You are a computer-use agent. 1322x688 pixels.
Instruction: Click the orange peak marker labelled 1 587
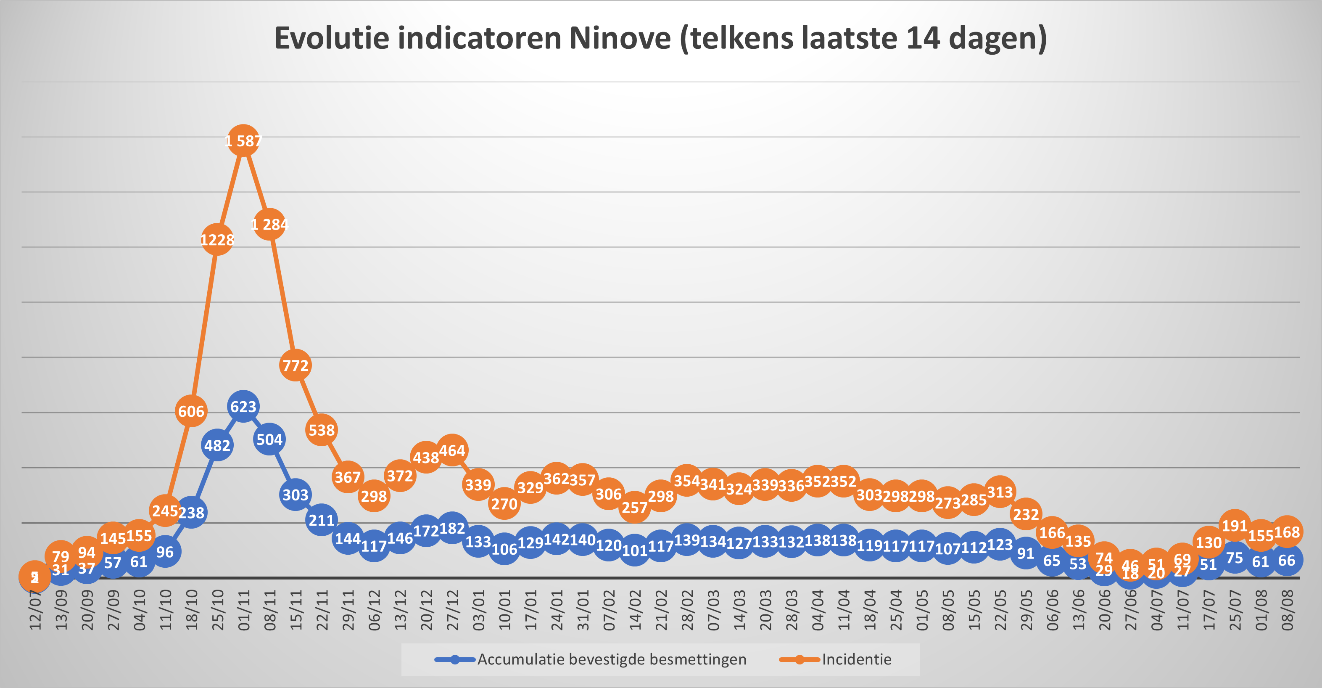tap(243, 140)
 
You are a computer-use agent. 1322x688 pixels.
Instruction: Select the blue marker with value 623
tap(243, 407)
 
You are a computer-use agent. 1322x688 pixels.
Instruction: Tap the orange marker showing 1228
tap(217, 239)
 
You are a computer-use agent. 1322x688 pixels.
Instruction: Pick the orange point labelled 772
tap(296, 365)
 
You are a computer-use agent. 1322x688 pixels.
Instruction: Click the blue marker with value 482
tap(217, 445)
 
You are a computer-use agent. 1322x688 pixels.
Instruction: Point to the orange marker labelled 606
tap(191, 411)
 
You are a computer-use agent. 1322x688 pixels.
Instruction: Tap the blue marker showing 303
tap(296, 495)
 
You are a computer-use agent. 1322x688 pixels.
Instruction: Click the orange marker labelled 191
tap(1234, 525)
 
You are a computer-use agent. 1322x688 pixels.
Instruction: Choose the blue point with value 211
tap(322, 520)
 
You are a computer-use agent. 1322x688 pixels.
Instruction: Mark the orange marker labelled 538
tap(322, 430)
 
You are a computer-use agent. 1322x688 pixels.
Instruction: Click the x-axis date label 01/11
tap(244, 611)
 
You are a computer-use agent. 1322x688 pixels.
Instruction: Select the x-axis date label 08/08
tap(1287, 611)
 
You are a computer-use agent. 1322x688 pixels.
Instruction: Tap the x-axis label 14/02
tap(635, 611)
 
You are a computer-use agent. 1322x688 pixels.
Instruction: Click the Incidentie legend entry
tap(856, 659)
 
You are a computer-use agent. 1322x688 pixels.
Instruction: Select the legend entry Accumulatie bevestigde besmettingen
tap(611, 659)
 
